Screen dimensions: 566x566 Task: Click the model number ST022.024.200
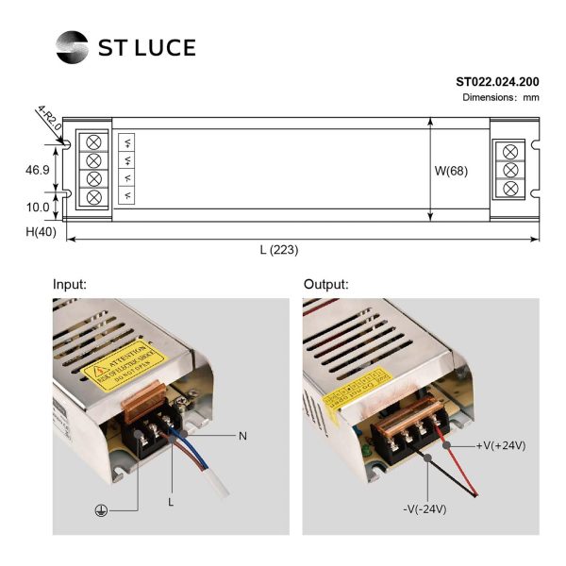(497, 81)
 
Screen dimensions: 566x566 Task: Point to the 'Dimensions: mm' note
(500, 97)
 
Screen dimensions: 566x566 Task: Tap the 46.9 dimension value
(37, 170)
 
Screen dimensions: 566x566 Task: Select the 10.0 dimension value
(37, 208)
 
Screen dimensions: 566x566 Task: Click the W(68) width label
(451, 171)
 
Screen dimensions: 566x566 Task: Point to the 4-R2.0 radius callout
(49, 120)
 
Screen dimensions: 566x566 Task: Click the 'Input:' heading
(70, 284)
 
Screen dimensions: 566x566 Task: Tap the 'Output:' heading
(325, 284)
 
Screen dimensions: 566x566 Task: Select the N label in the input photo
(242, 436)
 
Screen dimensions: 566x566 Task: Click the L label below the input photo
(171, 502)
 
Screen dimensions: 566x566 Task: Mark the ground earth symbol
(98, 509)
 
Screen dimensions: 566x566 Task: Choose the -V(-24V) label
(424, 509)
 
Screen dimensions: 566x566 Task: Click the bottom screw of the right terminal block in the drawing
(511, 189)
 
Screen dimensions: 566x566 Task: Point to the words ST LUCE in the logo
(147, 47)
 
